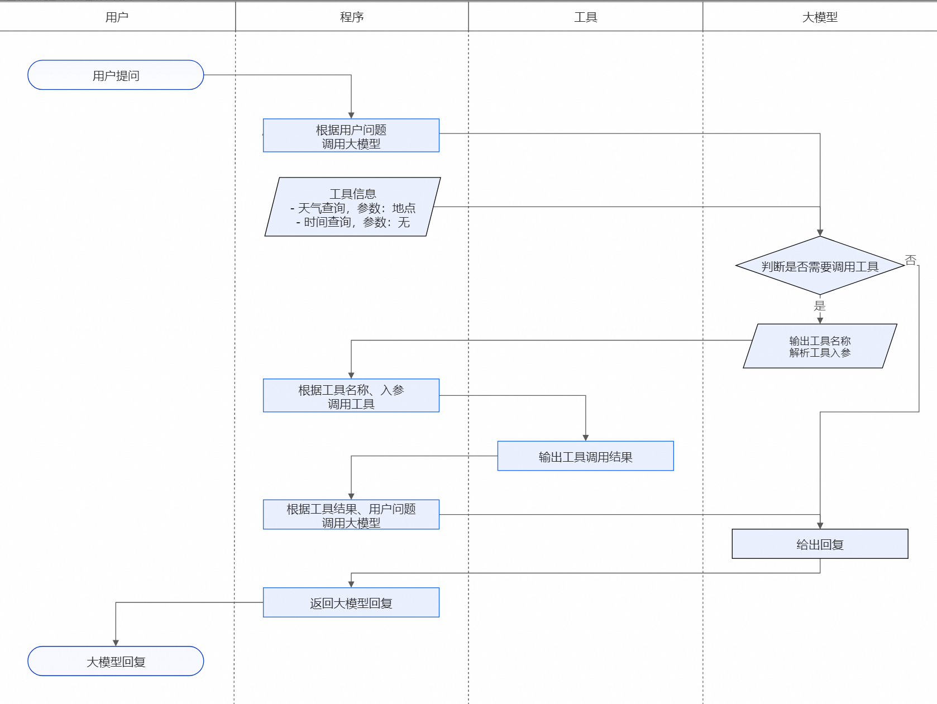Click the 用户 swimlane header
117,17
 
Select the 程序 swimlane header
352,17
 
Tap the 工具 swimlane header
586,17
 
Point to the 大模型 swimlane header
820,17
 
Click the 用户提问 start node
116,75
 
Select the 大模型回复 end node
116,661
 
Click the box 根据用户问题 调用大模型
351,136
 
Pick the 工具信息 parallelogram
352,207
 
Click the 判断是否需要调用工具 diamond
820,266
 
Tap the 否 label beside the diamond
911,260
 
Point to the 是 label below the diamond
820,305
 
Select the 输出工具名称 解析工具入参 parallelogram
820,346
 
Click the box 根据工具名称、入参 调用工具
351,396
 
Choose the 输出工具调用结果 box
585,456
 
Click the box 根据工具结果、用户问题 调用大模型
351,515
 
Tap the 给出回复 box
820,544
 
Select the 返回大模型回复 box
351,602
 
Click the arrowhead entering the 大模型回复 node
116,643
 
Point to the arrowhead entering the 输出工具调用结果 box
585,438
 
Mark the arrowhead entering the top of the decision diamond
820,233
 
